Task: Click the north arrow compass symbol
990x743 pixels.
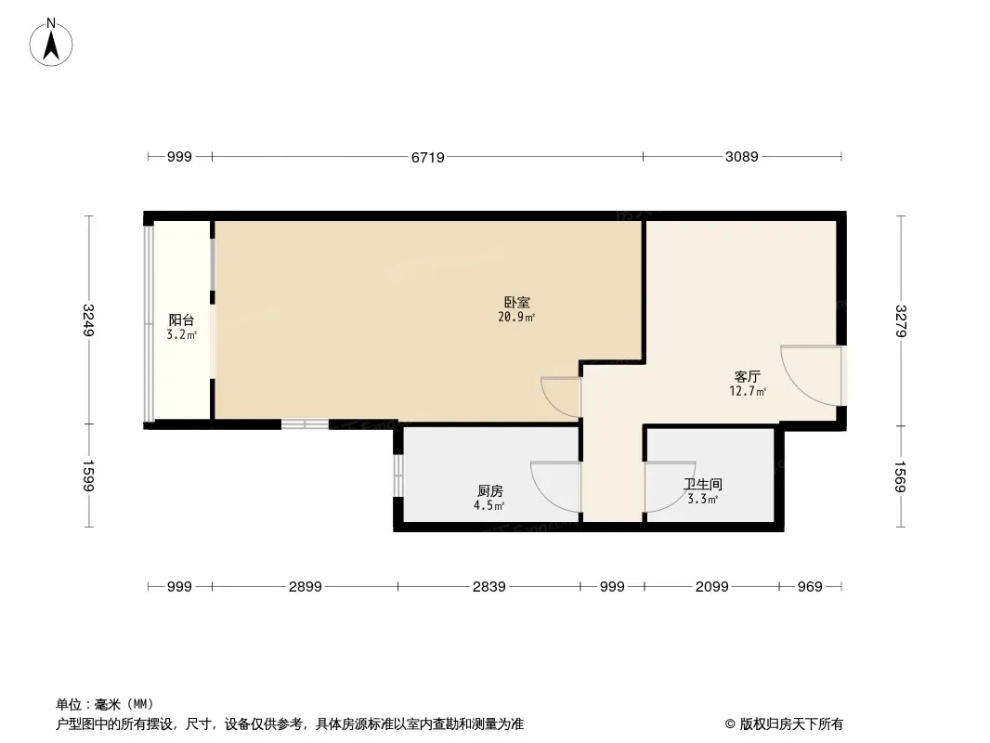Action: point(51,43)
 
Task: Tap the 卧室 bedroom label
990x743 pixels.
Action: point(516,303)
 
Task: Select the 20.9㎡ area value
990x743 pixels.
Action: point(516,317)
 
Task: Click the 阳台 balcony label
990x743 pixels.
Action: point(181,320)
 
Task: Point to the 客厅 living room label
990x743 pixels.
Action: point(747,377)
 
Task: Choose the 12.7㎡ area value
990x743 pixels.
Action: point(748,391)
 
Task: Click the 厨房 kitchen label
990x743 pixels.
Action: point(490,490)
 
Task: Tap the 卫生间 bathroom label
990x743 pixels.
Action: point(703,484)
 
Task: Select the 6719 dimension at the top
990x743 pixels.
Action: point(428,157)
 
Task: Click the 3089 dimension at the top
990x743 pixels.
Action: point(742,157)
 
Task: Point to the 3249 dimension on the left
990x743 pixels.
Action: point(88,320)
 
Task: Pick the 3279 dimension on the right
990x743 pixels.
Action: point(901,320)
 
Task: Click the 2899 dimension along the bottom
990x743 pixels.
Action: point(306,587)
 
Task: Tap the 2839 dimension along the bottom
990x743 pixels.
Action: point(489,587)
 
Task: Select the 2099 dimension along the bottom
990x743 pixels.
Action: point(712,587)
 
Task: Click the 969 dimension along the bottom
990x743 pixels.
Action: point(810,587)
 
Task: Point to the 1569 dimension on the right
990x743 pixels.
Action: point(901,476)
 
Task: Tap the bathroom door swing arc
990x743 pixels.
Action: point(682,496)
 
